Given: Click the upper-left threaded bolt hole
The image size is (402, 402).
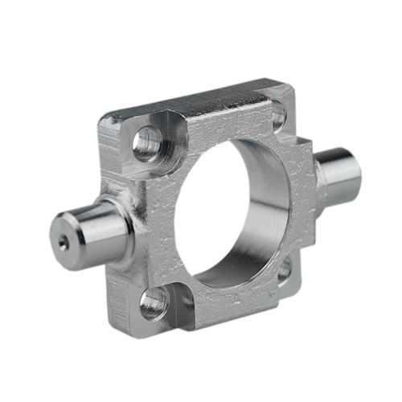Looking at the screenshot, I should pyautogui.click(x=148, y=143).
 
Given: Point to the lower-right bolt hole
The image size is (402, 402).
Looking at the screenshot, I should pyautogui.click(x=283, y=271).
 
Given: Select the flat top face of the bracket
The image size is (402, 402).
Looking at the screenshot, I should pyautogui.click(x=193, y=100).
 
